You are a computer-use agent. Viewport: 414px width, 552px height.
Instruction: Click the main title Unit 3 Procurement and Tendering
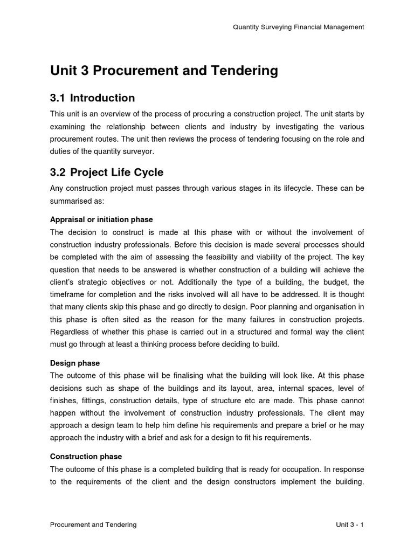(x=164, y=71)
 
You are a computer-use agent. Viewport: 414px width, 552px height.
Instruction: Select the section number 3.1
(x=57, y=98)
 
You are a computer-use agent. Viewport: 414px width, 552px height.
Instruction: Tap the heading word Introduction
(x=102, y=98)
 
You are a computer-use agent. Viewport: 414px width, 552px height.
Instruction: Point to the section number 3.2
(x=57, y=172)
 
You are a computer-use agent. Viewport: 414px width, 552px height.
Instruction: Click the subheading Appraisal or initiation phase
(x=101, y=219)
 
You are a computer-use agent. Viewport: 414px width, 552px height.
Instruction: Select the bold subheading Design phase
(x=75, y=363)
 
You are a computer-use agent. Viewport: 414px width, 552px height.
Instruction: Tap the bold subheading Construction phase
(x=86, y=457)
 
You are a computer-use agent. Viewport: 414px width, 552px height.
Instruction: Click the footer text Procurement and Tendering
(x=93, y=525)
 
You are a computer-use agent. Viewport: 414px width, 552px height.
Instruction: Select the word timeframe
(x=68, y=294)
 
